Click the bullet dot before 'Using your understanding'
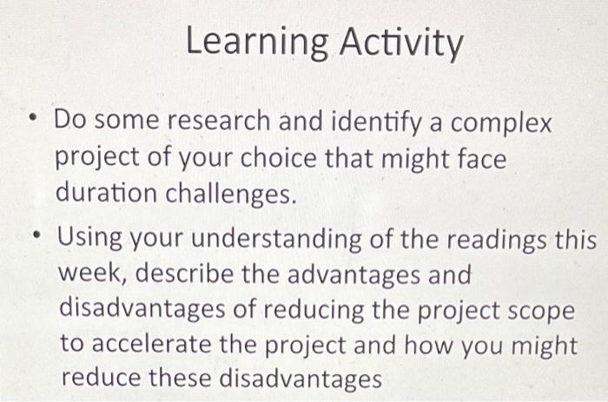[34, 236]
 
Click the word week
[91, 275]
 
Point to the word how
[453, 345]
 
